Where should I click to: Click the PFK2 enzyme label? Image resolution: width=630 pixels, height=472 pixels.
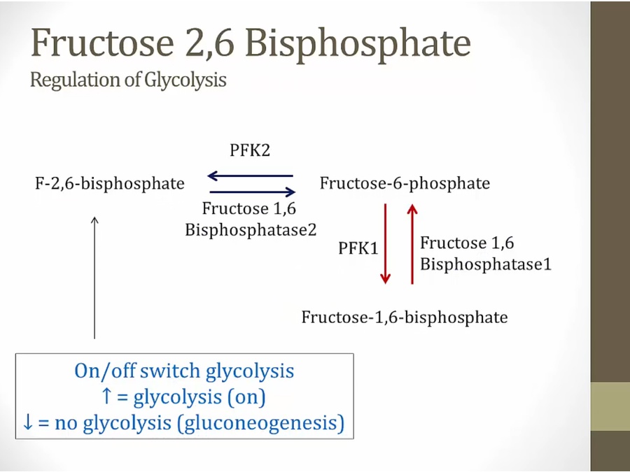(x=250, y=151)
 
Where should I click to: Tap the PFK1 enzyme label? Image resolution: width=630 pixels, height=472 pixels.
(x=358, y=248)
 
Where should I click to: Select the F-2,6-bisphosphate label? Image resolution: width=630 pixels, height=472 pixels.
(x=110, y=184)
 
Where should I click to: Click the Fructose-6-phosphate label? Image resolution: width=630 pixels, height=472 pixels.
(x=405, y=184)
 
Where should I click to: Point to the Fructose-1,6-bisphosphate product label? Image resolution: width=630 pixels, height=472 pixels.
(x=404, y=317)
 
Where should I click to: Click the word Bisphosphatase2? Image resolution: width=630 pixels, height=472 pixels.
(x=251, y=229)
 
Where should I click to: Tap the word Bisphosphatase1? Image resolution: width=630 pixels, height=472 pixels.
(x=486, y=264)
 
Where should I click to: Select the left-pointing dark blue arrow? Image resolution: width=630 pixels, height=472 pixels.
(x=251, y=176)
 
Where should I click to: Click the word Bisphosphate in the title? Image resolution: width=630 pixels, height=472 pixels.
(x=358, y=43)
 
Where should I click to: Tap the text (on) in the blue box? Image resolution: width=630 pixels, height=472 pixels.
(x=249, y=397)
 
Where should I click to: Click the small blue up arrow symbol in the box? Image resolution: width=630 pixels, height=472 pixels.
(x=106, y=397)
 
